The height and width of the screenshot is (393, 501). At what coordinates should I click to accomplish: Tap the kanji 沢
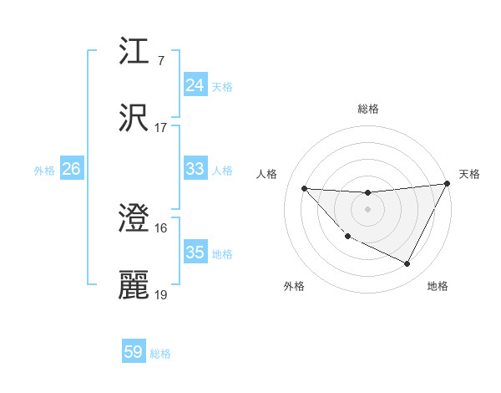(134, 119)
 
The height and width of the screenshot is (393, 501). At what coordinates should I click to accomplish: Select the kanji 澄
(134, 219)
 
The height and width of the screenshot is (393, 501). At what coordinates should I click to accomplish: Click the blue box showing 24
(195, 85)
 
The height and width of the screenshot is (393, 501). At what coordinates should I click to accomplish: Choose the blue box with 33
(195, 169)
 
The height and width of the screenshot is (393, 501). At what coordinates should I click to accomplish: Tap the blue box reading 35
(195, 253)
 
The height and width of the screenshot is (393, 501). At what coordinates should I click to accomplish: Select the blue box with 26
(71, 169)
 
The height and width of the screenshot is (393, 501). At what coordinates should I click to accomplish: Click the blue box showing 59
(134, 352)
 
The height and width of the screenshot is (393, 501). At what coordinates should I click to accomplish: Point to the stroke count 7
(160, 61)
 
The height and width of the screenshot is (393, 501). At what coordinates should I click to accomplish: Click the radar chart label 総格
(368, 109)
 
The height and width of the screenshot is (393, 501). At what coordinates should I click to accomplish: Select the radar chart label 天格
(469, 174)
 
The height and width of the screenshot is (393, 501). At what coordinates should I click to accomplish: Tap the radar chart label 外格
(294, 286)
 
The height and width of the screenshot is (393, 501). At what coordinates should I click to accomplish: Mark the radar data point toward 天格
(448, 184)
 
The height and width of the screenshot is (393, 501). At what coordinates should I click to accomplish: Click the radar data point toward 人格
(304, 188)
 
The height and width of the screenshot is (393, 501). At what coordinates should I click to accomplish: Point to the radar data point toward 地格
(407, 264)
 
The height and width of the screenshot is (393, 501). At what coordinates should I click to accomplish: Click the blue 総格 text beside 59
(160, 354)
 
